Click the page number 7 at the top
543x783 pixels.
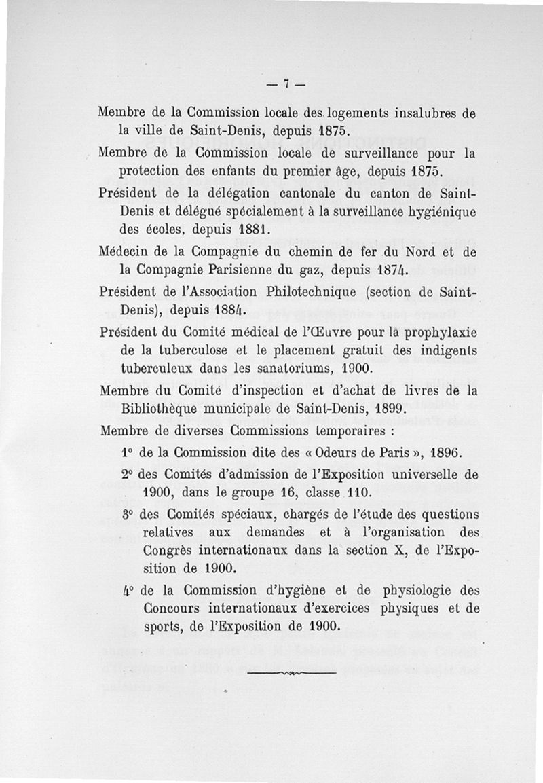tap(286, 84)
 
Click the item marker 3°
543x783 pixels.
tap(129, 515)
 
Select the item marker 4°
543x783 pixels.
tap(129, 590)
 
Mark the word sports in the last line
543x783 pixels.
tap(162, 626)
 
